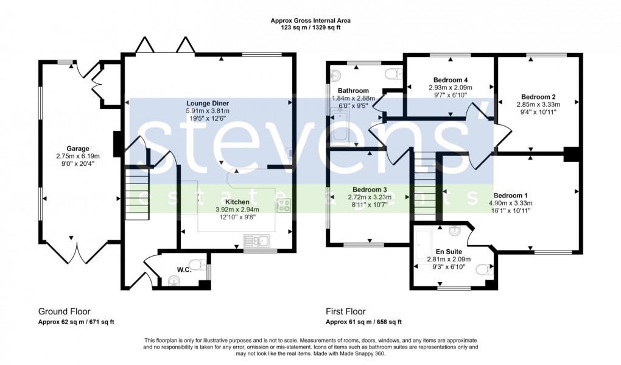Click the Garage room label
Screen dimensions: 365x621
point(78,148)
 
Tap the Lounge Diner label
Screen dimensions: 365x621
point(208,103)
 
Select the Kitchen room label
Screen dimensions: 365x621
point(237,201)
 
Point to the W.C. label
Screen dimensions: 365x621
point(184,270)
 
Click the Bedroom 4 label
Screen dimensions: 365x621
point(451,80)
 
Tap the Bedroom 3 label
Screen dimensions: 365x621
point(368,189)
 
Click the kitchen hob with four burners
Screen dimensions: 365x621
point(283,205)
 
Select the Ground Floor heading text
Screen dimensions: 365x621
point(64,311)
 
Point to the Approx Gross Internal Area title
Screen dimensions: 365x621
point(310,21)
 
